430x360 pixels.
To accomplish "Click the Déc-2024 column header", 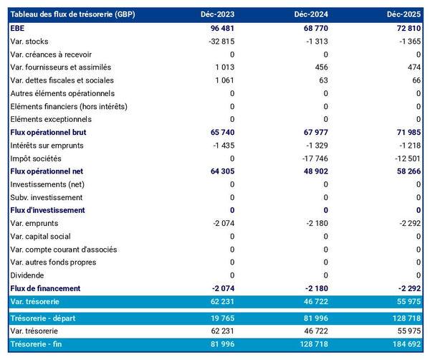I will [310, 14].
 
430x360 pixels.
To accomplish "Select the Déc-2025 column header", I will [403, 14].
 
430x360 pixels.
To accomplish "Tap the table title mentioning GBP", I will [73, 14].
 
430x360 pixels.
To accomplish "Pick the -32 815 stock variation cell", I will [218, 41].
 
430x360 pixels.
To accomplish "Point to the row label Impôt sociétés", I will [36, 158].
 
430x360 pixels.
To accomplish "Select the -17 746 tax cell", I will [311, 158].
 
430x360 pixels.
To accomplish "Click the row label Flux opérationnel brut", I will [54, 133].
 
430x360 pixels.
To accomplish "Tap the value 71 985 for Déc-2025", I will [403, 133].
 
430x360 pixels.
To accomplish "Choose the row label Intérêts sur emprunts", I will [48, 146].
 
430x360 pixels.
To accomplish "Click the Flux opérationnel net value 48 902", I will [312, 171].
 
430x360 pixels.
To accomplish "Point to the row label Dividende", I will [27, 275].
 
